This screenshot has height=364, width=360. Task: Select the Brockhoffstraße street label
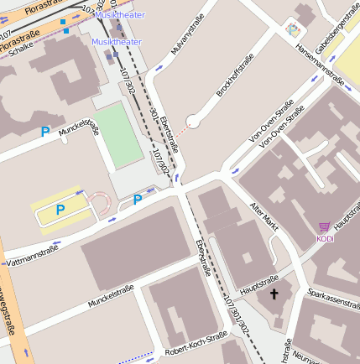click(234, 75)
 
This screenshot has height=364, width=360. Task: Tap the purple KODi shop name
click(326, 239)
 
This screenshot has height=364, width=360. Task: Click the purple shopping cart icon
click(324, 227)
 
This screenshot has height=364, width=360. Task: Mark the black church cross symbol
click(274, 294)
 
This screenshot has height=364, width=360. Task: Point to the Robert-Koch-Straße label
click(196, 344)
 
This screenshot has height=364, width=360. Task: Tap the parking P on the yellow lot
click(60, 210)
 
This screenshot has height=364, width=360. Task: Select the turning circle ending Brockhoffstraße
click(193, 122)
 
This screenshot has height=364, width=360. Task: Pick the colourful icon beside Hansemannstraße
click(292, 30)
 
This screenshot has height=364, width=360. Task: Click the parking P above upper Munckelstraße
click(45, 132)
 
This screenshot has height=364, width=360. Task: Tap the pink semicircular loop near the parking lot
click(100, 201)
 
